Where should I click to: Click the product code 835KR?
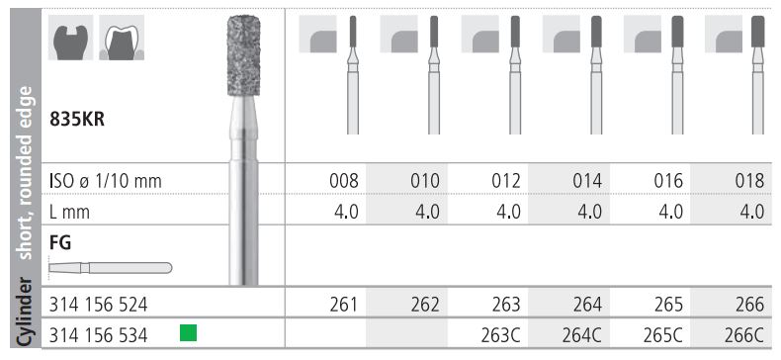77,121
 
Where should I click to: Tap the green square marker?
188,332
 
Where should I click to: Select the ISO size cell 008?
344,181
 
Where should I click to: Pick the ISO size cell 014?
588,181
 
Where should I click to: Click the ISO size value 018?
749,181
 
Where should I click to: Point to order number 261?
344,305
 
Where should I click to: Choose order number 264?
588,305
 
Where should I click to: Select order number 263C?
501,335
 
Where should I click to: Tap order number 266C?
744,335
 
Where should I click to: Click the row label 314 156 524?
98,305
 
